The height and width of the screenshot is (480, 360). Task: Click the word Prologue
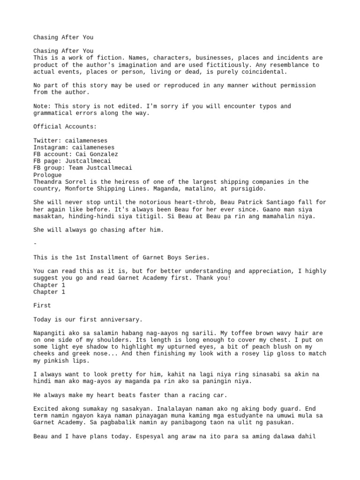click(47, 175)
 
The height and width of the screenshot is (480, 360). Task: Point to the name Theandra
click(47, 182)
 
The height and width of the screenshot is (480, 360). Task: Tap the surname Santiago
click(282, 202)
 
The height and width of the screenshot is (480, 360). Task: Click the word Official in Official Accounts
click(47, 127)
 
